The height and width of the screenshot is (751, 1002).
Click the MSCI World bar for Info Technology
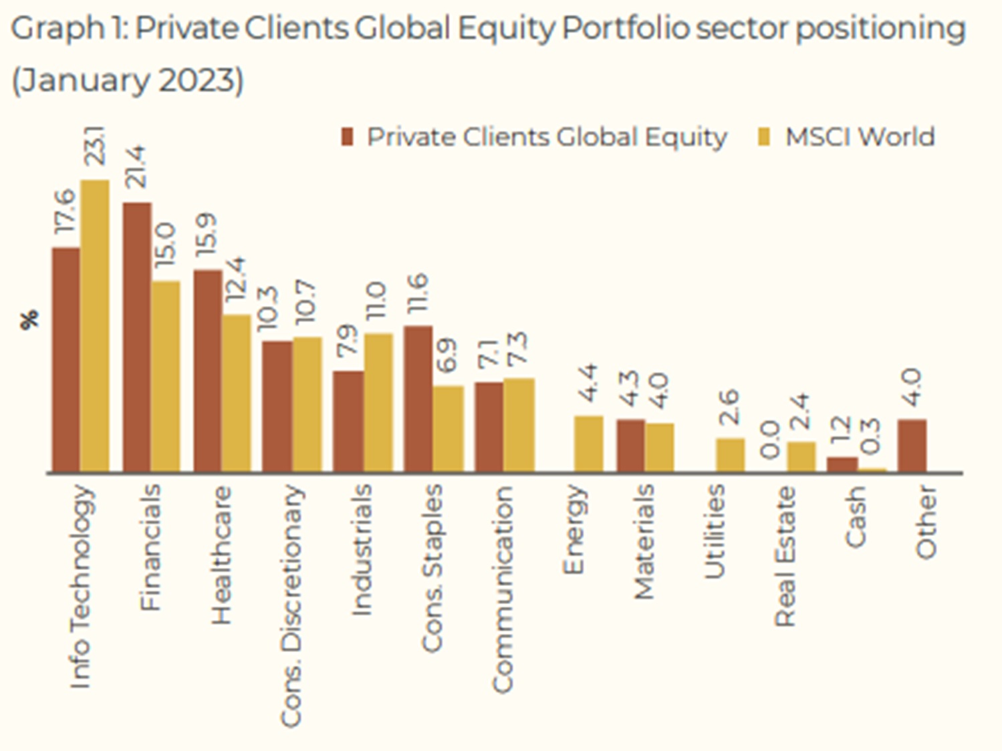click(x=95, y=326)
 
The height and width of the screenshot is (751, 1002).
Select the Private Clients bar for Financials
click(x=138, y=337)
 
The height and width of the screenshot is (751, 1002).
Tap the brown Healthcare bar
click(x=208, y=371)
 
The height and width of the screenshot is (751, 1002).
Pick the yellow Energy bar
click(x=588, y=444)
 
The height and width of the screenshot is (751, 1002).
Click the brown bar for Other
click(x=912, y=446)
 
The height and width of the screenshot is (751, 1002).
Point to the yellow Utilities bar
click(x=731, y=455)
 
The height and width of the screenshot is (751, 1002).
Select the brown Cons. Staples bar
click(x=418, y=399)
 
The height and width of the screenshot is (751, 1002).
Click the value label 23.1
click(x=96, y=146)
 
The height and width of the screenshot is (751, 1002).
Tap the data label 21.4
click(x=136, y=167)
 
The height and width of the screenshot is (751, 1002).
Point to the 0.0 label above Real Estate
click(x=771, y=440)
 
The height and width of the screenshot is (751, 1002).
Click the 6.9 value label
click(x=447, y=355)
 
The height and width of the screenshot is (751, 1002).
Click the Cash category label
click(x=856, y=516)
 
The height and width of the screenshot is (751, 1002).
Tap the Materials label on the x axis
click(x=644, y=542)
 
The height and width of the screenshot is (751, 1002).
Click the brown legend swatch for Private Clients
click(x=348, y=137)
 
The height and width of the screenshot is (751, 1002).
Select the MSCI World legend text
click(x=860, y=136)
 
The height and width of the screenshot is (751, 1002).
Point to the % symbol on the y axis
click(x=30, y=319)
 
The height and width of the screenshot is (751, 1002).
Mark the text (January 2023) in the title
click(x=128, y=80)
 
